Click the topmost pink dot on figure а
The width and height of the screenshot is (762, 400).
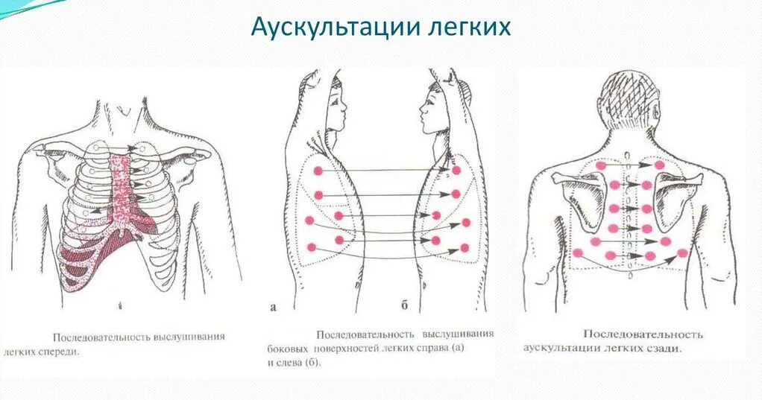[318, 171]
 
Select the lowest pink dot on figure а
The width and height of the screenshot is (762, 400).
[312, 248]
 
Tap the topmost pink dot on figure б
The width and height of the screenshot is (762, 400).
[456, 171]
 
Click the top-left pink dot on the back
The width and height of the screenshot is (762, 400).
[614, 165]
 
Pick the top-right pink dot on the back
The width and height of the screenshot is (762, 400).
[659, 165]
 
